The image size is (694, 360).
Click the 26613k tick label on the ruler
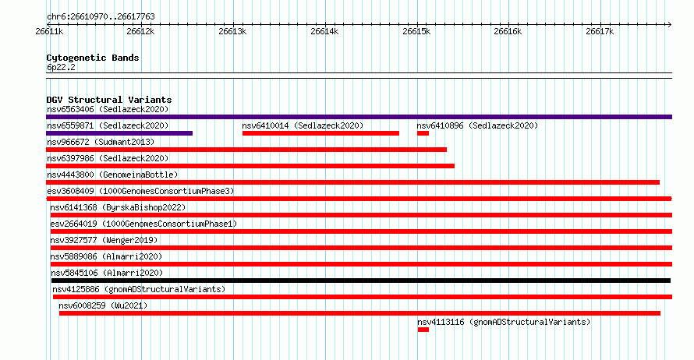pos(232,31)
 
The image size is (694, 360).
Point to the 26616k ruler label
pos(508,31)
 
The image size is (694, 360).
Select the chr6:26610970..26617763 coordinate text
pos(101,17)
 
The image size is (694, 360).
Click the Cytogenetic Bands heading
pos(93,58)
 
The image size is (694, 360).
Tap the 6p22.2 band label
pos(61,67)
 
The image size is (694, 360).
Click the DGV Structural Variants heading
pos(109,100)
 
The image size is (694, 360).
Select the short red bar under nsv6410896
pos(423,133)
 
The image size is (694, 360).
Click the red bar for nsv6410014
pos(321,133)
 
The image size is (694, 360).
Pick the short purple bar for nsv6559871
pos(119,133)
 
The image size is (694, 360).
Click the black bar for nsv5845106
pos(361,281)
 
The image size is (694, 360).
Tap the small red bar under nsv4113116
pos(423,330)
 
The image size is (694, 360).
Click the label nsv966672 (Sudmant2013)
pos(101,142)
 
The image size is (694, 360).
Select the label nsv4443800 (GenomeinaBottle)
pos(112,175)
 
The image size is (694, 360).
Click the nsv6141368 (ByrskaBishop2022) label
pos(118,207)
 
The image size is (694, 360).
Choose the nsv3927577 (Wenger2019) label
pos(104,240)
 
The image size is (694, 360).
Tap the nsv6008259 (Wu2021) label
pos(103,305)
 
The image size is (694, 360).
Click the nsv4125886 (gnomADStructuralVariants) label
pos(139,289)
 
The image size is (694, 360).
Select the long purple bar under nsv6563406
pos(359,117)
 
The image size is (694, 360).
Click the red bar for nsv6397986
pos(250,166)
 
